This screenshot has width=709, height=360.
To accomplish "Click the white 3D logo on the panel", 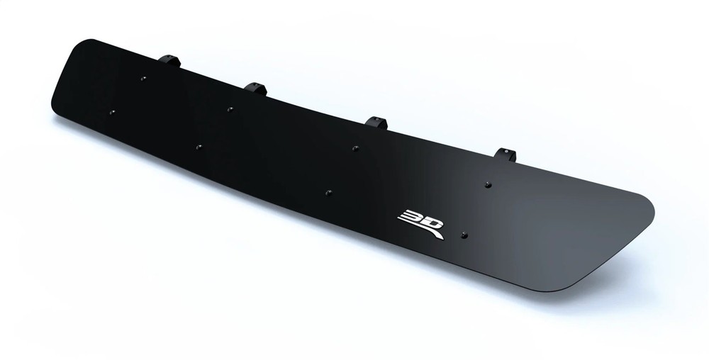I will [x=420, y=222].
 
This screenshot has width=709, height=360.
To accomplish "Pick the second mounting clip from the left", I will [x=255, y=89].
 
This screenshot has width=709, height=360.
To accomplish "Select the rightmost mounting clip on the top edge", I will [x=506, y=154].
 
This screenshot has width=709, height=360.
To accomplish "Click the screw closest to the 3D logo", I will [x=463, y=235].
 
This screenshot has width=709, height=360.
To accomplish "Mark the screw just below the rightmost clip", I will [x=488, y=185].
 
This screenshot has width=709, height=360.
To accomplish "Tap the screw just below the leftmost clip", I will [x=143, y=79].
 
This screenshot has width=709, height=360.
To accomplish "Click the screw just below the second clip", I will [x=230, y=109].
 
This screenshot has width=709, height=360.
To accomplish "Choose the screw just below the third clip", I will [x=355, y=148].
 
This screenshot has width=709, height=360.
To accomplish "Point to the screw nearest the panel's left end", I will [x=111, y=111].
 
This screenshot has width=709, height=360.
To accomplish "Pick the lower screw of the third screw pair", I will [x=328, y=191].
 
